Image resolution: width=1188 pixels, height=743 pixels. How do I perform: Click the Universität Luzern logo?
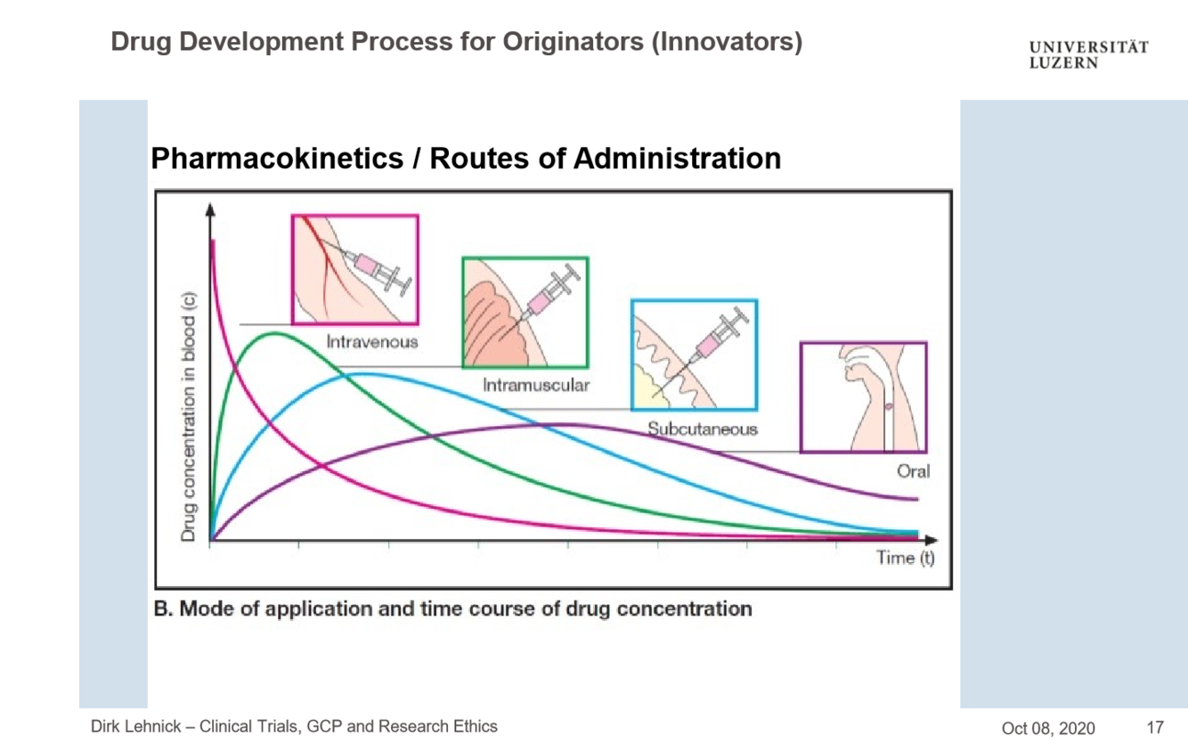pos(1088,54)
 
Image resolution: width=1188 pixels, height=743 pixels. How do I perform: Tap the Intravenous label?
pos(371,341)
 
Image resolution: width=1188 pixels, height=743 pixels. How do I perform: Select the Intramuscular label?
pos(536,386)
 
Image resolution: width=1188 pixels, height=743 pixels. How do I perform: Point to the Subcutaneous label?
pos(702,429)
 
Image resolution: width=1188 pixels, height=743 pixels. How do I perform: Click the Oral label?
pos(913,471)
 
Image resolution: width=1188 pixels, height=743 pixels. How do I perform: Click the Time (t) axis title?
pos(905,559)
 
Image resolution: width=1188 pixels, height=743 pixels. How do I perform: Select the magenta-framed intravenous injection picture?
pos(354,269)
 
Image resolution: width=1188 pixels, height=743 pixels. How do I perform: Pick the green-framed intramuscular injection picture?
pos(525,312)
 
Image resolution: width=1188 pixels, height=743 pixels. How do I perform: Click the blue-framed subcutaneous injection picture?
pos(694,355)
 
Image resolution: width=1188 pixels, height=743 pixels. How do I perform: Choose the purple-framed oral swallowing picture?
pos(863,397)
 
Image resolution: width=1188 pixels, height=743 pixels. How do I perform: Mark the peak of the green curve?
pos(274,333)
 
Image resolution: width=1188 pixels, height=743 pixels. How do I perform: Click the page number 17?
pos(1155,727)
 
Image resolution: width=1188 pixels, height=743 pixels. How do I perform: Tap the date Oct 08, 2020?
pos(1047,728)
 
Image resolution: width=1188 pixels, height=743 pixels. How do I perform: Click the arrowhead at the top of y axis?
pos(211,209)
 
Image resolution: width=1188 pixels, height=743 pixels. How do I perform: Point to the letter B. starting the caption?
pos(163,609)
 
